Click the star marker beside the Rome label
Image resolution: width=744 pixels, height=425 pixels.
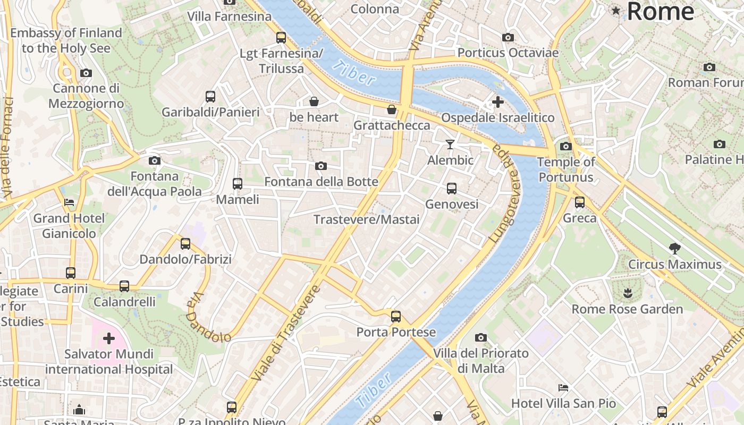(x=616, y=10)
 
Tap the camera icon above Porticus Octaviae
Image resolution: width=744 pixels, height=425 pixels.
(x=508, y=37)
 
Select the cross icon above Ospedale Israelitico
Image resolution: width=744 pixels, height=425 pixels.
(x=498, y=101)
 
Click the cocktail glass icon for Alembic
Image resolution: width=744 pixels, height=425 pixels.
(x=450, y=144)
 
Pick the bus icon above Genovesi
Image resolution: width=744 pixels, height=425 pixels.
(x=452, y=188)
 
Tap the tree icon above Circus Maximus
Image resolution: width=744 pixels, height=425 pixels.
(x=675, y=248)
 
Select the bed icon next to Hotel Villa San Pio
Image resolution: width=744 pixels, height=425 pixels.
(x=563, y=387)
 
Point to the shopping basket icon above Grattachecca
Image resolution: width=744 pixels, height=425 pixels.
(x=392, y=109)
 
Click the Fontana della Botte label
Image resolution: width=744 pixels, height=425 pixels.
(x=321, y=182)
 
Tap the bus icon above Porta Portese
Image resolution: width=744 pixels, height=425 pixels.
(x=396, y=317)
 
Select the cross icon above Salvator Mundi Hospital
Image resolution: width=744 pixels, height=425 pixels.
(x=109, y=338)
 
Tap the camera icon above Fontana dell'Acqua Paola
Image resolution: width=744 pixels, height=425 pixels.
(x=155, y=160)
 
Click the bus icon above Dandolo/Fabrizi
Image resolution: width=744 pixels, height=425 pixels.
(x=185, y=243)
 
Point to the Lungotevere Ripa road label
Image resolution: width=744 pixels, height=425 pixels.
(x=506, y=194)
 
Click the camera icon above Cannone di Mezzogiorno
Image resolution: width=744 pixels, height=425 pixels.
(x=86, y=73)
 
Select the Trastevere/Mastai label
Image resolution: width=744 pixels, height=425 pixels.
(x=366, y=219)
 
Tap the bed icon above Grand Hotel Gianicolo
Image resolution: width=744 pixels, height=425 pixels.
(x=69, y=202)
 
